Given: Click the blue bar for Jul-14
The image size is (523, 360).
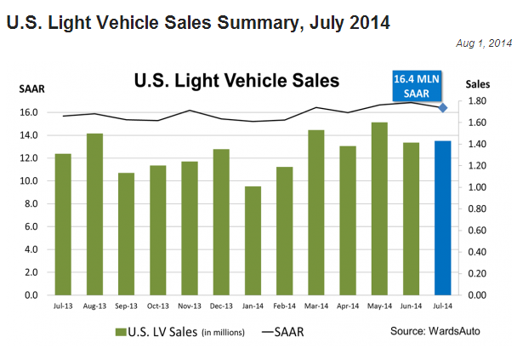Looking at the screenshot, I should tap(443, 218).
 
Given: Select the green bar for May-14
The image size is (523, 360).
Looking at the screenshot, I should tap(379, 209).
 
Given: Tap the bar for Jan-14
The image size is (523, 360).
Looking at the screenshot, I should tap(253, 241).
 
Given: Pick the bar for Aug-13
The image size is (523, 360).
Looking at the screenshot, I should tap(94, 214).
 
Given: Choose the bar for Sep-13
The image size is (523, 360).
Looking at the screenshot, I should tap(126, 234).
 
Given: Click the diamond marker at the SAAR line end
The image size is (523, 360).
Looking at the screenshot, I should tap(443, 107).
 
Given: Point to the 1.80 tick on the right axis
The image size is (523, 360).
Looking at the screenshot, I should tap(477, 101).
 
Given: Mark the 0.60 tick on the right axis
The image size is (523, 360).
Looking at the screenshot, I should tap(477, 231).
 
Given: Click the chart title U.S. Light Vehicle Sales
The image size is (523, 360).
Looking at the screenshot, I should tap(236, 81).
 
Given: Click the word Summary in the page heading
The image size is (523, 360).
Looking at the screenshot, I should tap(248, 23).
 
